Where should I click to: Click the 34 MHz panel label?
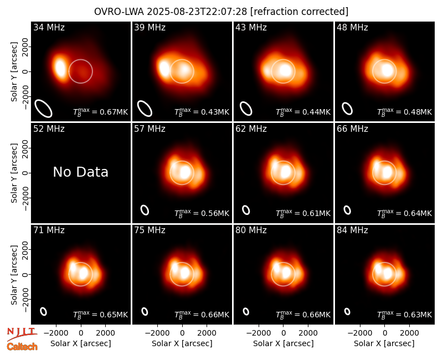click(49, 27)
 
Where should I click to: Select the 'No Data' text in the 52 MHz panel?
click(80, 172)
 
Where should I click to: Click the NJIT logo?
click(22, 334)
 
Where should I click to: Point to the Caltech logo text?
click(22, 347)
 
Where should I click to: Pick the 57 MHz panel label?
click(150, 129)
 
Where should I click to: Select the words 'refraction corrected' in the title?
click(299, 12)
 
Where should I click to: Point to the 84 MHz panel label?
click(352, 230)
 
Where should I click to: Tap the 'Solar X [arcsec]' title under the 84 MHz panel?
click(384, 343)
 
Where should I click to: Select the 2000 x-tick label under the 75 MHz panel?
click(207, 333)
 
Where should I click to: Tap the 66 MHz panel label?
click(352, 129)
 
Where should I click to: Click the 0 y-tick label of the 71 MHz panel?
click(25, 274)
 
